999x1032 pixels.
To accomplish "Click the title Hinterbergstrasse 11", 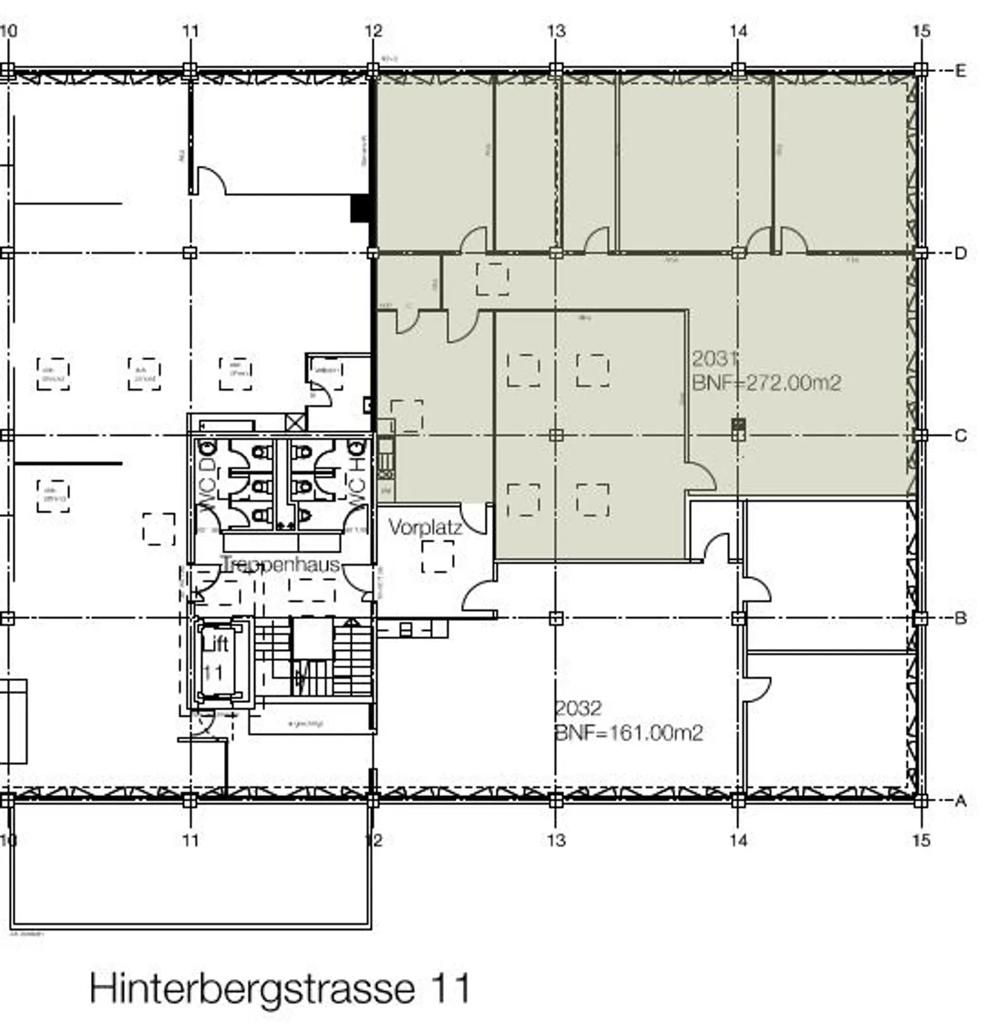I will click(280, 988).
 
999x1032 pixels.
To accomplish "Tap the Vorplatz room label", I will click(425, 527).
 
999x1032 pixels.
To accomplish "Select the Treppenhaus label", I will click(280, 564).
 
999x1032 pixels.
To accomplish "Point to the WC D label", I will click(207, 478).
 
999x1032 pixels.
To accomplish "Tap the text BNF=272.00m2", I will click(766, 382).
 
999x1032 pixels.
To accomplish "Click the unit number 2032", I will click(579, 709).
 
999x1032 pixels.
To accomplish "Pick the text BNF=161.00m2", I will click(629, 733).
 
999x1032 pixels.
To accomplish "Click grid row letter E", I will click(960, 70).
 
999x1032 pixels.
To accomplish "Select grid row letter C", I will click(960, 436).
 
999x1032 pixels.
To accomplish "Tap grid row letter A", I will click(960, 801).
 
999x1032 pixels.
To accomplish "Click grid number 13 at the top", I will click(556, 31).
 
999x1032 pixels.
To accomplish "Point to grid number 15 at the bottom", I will click(921, 840).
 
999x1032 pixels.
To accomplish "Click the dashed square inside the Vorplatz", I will click(438, 557).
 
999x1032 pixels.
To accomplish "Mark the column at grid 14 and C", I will click(738, 429).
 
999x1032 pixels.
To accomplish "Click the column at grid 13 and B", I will click(556, 618).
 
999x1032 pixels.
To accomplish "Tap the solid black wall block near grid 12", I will click(359, 208).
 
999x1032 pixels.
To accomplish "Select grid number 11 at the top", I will click(190, 31).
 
